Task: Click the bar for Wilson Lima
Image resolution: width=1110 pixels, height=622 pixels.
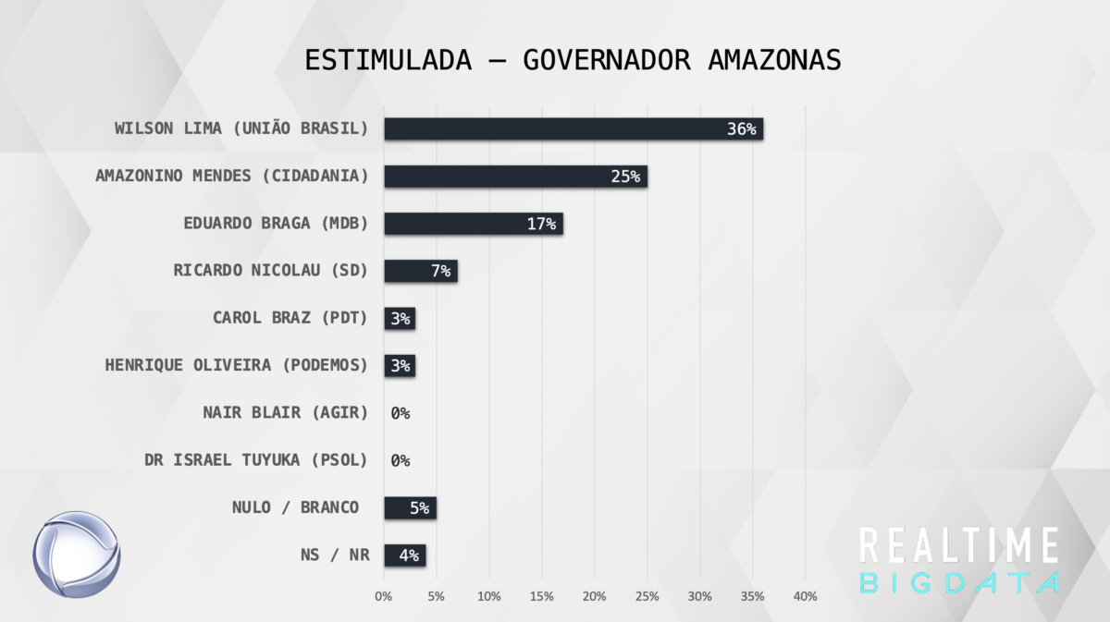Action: click(x=573, y=128)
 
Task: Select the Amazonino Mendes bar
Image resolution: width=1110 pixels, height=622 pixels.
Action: click(x=515, y=177)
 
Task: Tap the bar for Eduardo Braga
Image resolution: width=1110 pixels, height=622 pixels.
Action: click(x=473, y=224)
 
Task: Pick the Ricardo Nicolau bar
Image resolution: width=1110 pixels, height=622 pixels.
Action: click(x=420, y=271)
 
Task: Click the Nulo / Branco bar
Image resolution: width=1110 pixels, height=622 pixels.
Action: click(x=410, y=507)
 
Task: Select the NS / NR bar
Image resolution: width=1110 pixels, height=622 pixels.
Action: click(x=404, y=555)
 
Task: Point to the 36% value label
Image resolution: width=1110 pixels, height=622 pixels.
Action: click(x=741, y=129)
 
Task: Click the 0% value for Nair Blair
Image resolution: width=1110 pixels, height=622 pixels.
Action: click(x=400, y=413)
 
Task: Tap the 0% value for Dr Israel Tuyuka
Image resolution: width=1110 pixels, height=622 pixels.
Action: click(x=400, y=460)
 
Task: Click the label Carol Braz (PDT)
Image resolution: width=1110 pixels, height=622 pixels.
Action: click(x=290, y=318)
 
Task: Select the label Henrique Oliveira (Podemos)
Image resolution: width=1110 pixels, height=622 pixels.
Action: click(x=236, y=365)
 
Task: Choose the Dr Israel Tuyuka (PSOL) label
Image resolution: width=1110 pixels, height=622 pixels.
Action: click(x=256, y=459)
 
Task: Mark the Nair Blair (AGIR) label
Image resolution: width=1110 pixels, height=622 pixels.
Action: click(x=285, y=412)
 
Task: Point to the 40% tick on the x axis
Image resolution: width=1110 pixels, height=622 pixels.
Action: click(x=805, y=597)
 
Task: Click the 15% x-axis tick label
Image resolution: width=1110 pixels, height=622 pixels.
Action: click(x=541, y=597)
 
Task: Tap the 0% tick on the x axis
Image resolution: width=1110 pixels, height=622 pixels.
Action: click(x=384, y=597)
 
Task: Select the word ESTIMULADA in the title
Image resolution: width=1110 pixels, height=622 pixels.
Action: click(x=388, y=59)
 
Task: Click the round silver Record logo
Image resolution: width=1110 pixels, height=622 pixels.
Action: click(x=78, y=555)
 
